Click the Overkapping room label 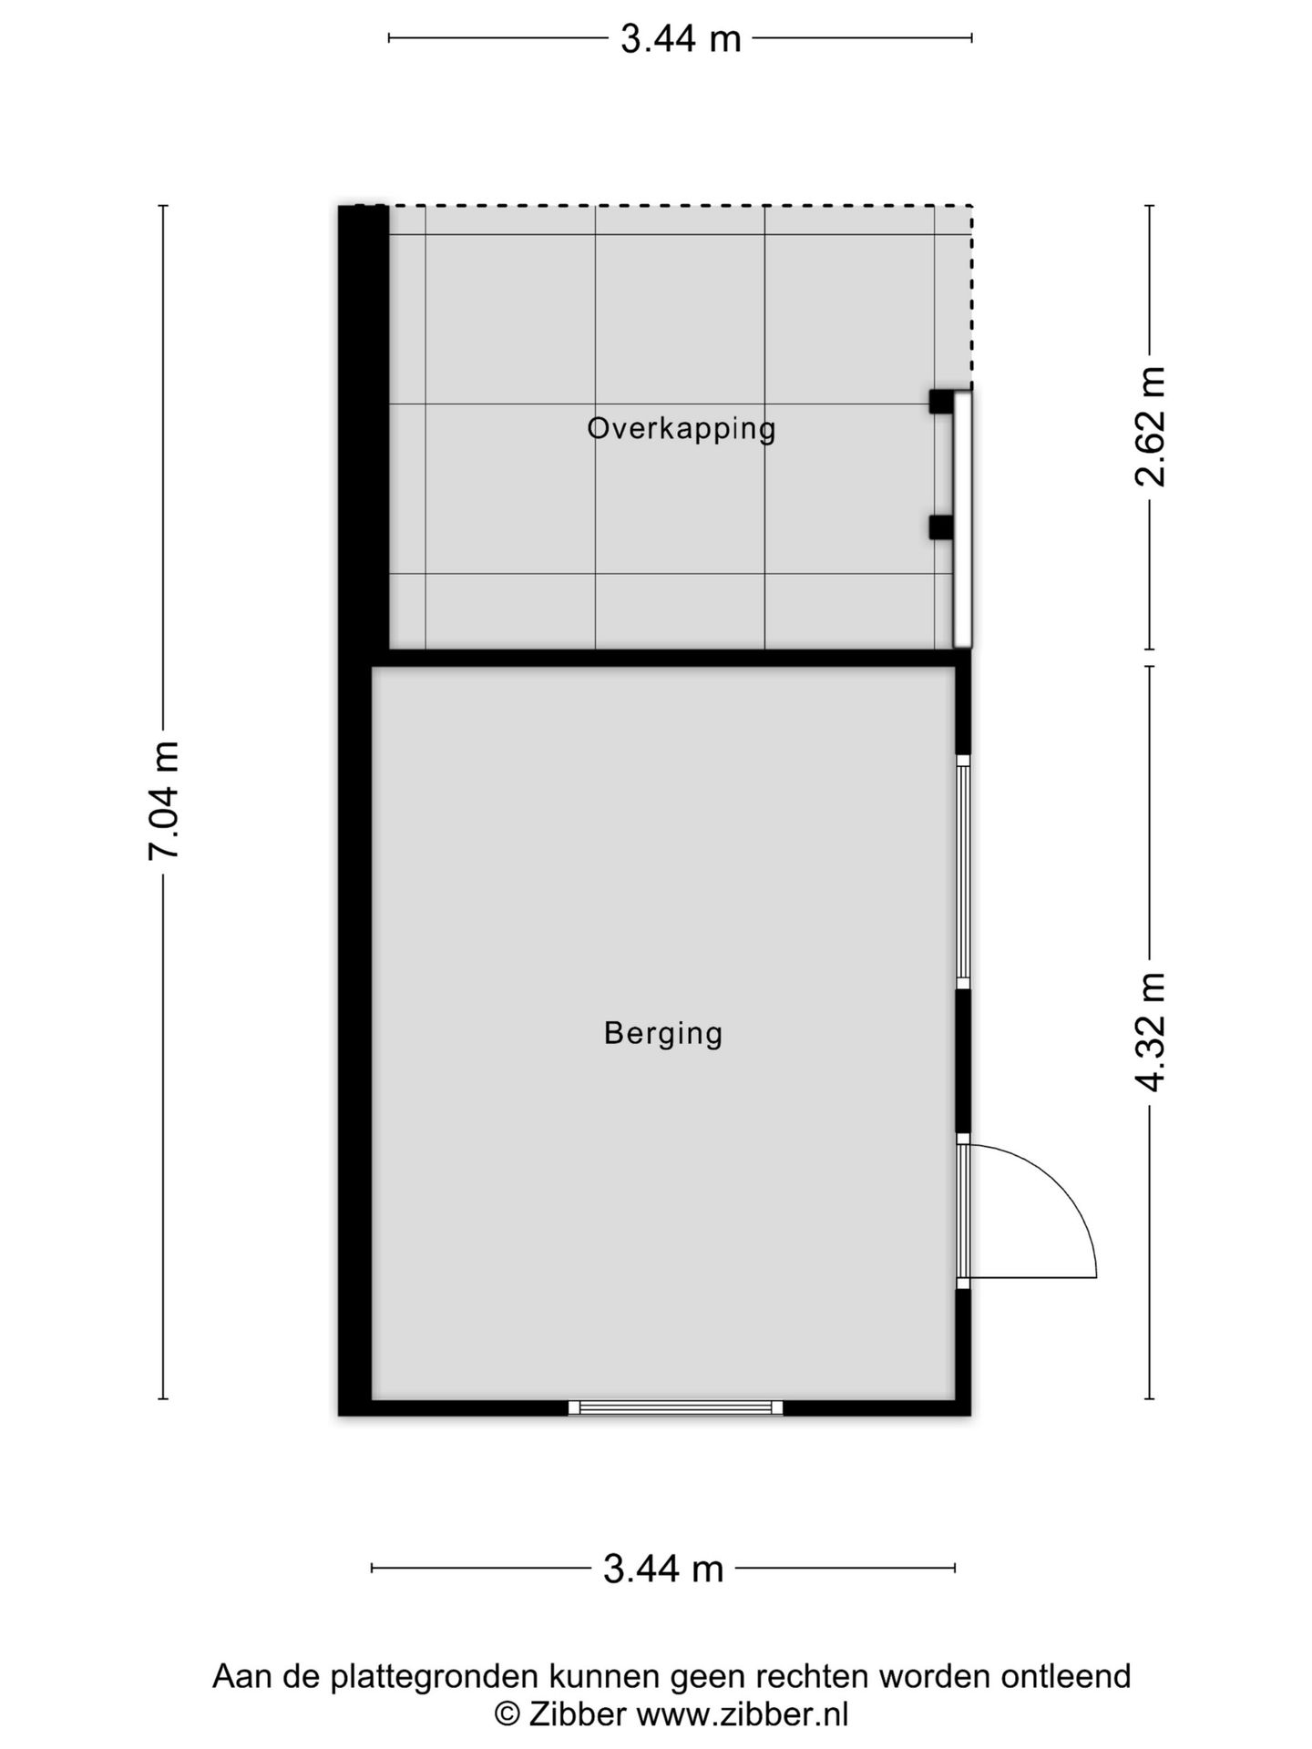[681, 428]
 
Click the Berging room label [663, 1033]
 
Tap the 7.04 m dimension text [165, 800]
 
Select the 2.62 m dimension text [1150, 426]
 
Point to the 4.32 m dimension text [1150, 1031]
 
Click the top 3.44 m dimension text [681, 39]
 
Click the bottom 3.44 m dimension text [663, 1568]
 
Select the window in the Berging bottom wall [675, 1407]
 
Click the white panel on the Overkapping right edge [962, 519]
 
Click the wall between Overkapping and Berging [671, 658]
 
